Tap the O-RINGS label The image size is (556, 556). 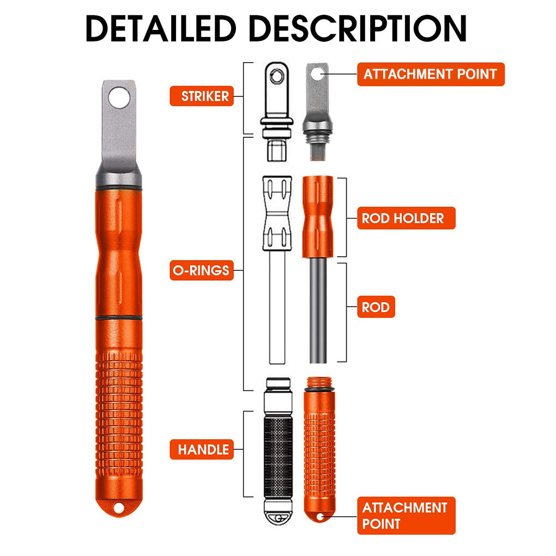pyautogui.click(x=201, y=270)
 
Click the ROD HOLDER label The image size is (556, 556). pyautogui.click(x=406, y=218)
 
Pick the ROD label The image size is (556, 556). pyautogui.click(x=376, y=307)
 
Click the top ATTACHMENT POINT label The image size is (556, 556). pyautogui.click(x=431, y=74)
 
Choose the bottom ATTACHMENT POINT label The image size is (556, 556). pyautogui.click(x=406, y=516)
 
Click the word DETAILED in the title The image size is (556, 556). pyautogui.click(x=161, y=28)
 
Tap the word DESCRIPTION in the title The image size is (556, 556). pyautogui.click(x=358, y=28)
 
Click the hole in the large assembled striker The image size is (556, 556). pyautogui.click(x=119, y=98)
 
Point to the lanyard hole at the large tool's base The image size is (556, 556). pyautogui.click(x=119, y=508)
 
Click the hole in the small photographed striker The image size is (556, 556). pyautogui.click(x=317, y=75)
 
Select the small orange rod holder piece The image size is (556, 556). pyautogui.click(x=317, y=216)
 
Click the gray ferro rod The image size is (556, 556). pyautogui.click(x=318, y=310)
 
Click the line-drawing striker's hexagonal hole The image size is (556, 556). pyautogui.click(x=276, y=75)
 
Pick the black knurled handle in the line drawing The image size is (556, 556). pyautogui.click(x=279, y=456)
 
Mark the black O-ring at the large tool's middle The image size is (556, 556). pyautogui.click(x=119, y=317)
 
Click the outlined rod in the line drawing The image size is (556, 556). pyautogui.click(x=277, y=307)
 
